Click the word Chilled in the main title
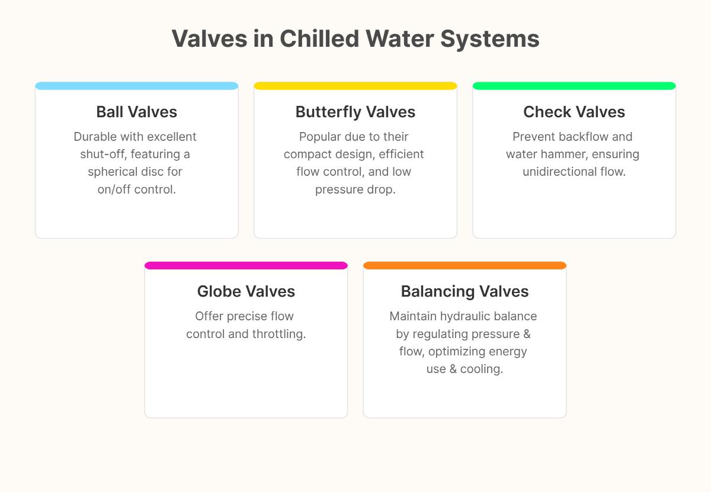[x=319, y=39]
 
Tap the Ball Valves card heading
[x=136, y=112]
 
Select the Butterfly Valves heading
[x=355, y=112]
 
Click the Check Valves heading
[x=574, y=112]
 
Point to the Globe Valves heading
[x=246, y=291]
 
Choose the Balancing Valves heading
[x=465, y=291]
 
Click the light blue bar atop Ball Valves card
[x=136, y=86]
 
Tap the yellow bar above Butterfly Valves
[x=355, y=86]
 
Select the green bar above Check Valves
[x=574, y=86]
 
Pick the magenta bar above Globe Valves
[x=246, y=265]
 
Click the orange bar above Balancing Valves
[x=465, y=265]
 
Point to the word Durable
[x=95, y=137]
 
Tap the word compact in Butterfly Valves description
[x=309, y=155]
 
